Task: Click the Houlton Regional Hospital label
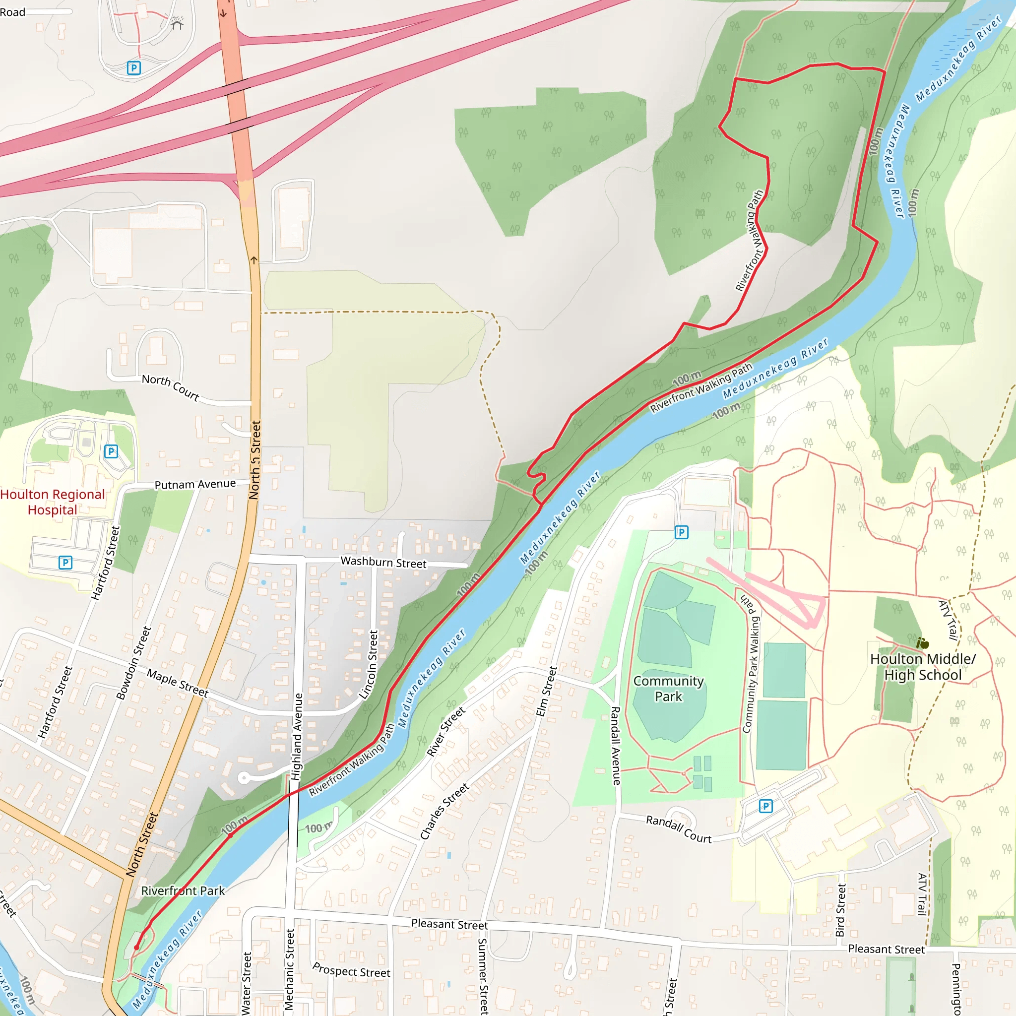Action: coord(52,502)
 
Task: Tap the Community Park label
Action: coord(668,689)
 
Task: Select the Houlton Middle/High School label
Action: coord(923,667)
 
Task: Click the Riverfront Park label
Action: coord(183,891)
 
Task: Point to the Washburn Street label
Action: coord(383,562)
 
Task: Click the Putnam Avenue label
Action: coord(195,484)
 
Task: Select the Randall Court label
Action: coord(678,829)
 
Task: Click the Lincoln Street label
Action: coord(369,665)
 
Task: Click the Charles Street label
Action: coord(444,812)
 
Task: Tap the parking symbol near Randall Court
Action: coord(765,806)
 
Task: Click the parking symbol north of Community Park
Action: coord(682,532)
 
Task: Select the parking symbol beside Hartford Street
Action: coord(65,563)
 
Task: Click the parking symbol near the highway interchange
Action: coord(133,67)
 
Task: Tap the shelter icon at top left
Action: coord(177,24)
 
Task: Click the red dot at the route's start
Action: coord(137,947)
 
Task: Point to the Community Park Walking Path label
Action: coord(751,665)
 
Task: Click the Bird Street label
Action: coord(841,910)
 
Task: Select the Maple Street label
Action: coord(177,683)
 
